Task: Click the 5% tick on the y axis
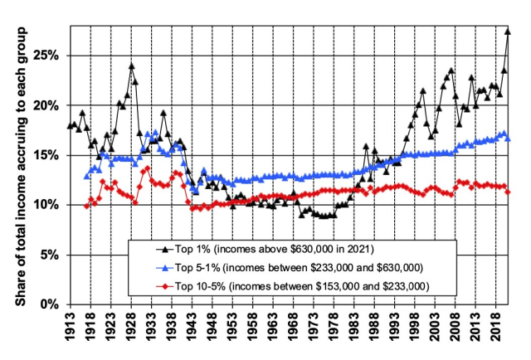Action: (51, 254)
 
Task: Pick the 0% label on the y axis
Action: (51, 304)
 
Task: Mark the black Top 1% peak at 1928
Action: (131, 66)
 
